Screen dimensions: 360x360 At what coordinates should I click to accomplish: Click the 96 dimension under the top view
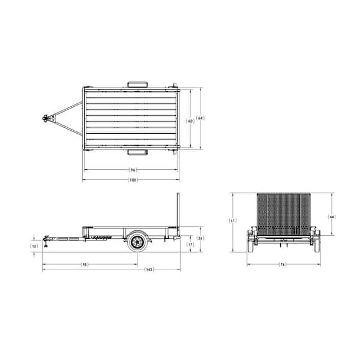click(133, 170)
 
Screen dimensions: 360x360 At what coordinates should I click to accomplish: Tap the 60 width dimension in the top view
click(190, 120)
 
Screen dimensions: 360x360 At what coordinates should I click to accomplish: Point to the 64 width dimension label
click(200, 118)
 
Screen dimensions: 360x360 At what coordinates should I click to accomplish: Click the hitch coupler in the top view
click(45, 119)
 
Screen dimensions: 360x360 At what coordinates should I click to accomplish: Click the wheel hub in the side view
click(136, 242)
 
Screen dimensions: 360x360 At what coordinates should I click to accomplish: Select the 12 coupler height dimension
click(34, 246)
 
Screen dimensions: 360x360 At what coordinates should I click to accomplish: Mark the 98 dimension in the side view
click(85, 264)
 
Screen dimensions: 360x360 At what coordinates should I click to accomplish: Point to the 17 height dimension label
click(190, 244)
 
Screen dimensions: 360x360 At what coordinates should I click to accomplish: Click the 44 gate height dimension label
click(332, 216)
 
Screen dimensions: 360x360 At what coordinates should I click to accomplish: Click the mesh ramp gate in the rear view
click(283, 213)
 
